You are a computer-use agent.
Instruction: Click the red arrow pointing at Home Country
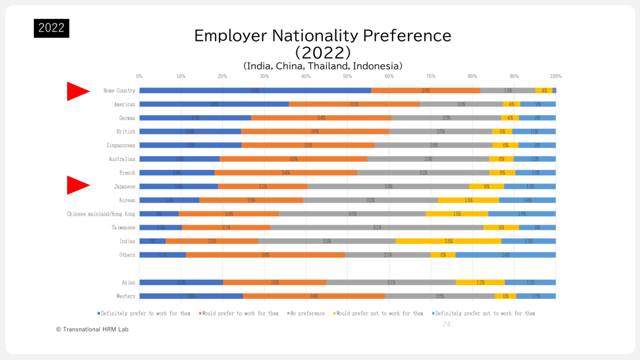77,91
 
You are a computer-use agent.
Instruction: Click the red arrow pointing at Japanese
77,186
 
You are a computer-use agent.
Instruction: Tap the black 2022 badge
52,28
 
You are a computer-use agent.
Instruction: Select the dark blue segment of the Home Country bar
255,90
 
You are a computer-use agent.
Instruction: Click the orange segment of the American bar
354,104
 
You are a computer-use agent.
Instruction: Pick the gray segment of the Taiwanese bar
376,228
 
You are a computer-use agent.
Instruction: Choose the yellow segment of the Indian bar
448,241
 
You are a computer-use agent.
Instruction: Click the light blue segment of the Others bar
505,255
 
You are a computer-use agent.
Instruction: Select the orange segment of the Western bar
313,296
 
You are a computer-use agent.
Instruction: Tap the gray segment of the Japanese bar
388,187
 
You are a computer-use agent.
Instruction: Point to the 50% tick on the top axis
347,76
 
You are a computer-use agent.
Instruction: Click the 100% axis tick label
555,76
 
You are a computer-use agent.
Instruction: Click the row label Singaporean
121,145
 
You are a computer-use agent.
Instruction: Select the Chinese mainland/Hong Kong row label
101,214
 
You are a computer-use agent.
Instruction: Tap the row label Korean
126,200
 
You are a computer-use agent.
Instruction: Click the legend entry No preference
307,313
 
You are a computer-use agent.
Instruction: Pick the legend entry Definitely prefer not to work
484,313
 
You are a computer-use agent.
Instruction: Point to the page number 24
446,324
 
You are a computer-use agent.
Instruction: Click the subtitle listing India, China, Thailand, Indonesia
322,65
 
